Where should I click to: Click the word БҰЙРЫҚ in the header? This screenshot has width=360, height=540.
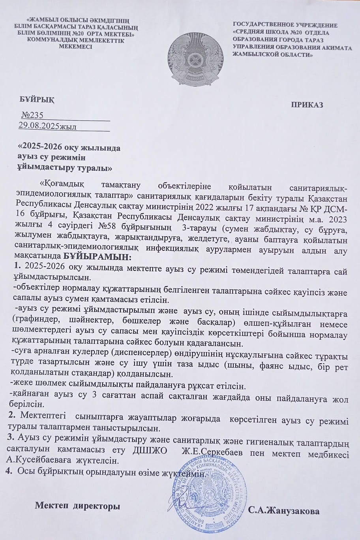point(37,100)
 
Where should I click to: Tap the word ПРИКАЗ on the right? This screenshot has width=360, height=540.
point(307,105)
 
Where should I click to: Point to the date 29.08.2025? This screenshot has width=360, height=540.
point(38,126)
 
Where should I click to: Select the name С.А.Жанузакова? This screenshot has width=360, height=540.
point(284,511)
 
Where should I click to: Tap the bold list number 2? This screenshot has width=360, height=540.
point(12,416)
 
